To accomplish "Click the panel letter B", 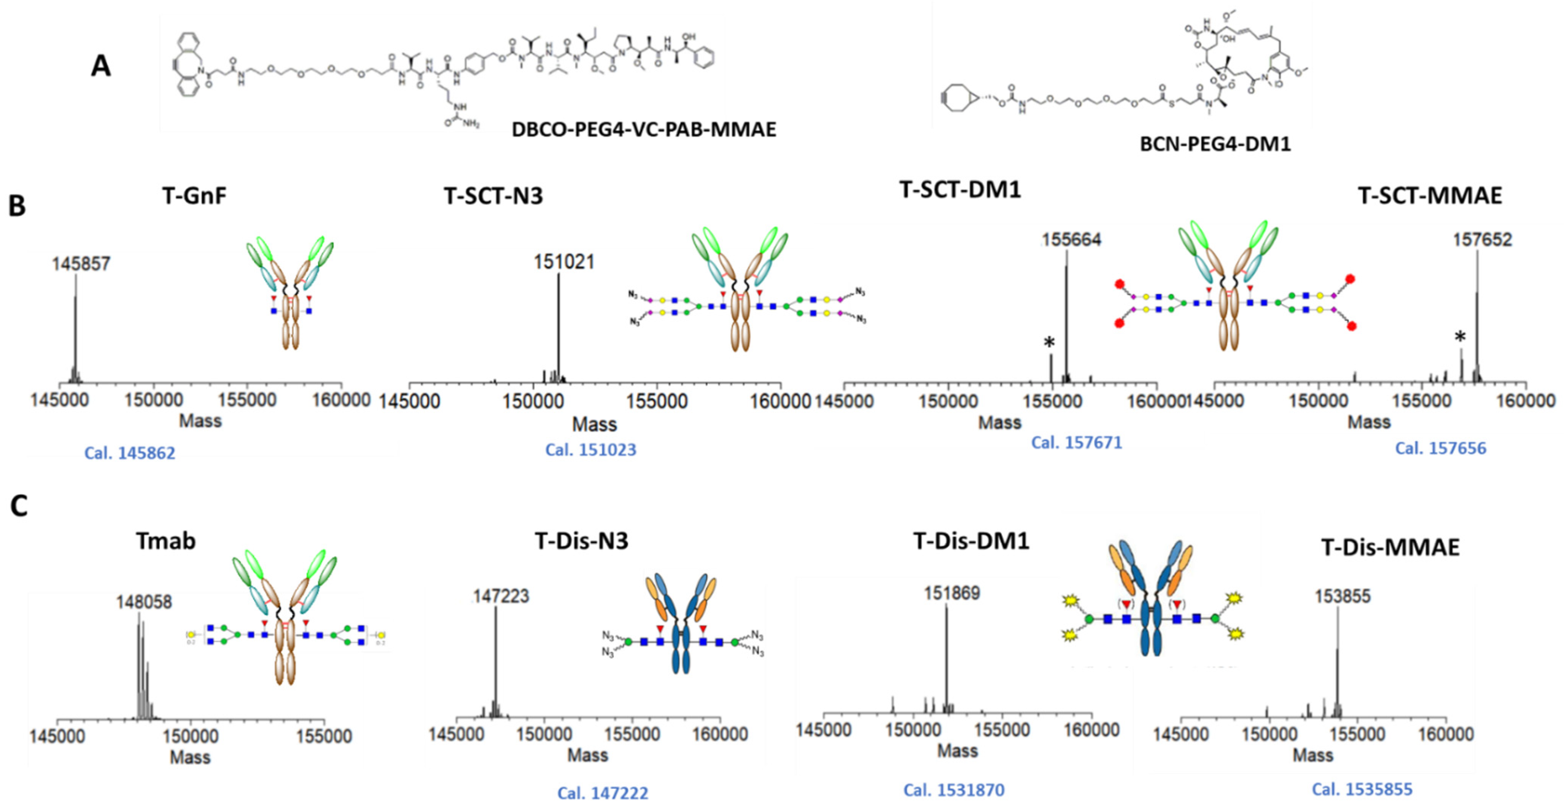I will pos(17,207).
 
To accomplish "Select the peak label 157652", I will pos(1482,240).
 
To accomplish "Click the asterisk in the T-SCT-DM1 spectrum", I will pos(1049,343).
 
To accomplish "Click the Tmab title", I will pos(166,540).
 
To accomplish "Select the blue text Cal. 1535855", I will pos(1362,789).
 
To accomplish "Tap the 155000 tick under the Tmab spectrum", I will pos(324,736).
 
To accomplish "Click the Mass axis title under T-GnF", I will pos(200,421).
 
